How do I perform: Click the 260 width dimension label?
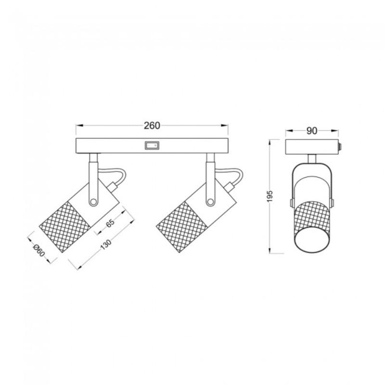pos(152,126)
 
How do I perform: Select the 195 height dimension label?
pos(270,196)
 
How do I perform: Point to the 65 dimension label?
pos(110,223)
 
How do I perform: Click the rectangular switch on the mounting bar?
pos(152,144)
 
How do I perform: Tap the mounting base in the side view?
pos(312,146)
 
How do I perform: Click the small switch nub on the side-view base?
pos(340,146)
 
